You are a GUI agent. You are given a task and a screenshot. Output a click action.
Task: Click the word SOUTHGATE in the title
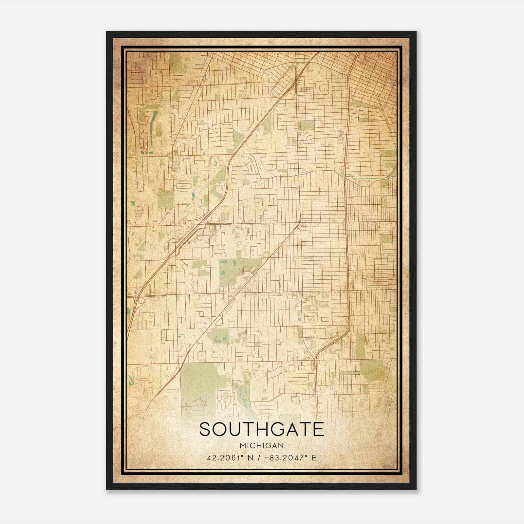(261, 429)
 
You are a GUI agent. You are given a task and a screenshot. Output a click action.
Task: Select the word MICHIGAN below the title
(261, 445)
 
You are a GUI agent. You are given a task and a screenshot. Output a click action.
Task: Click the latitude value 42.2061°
(225, 458)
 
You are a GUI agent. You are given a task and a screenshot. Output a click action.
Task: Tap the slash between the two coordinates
(260, 458)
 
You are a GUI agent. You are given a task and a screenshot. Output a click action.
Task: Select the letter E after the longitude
(314, 458)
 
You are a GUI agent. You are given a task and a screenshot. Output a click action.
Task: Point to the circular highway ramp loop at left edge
(141, 300)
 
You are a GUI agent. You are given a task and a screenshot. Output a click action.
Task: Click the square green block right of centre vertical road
(306, 125)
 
